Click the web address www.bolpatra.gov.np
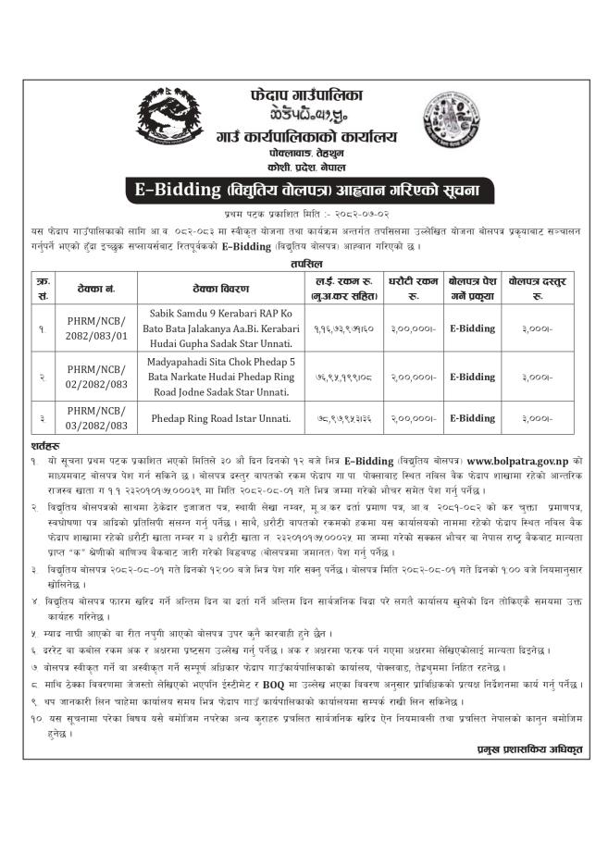(516, 459)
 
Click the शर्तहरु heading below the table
(44, 445)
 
